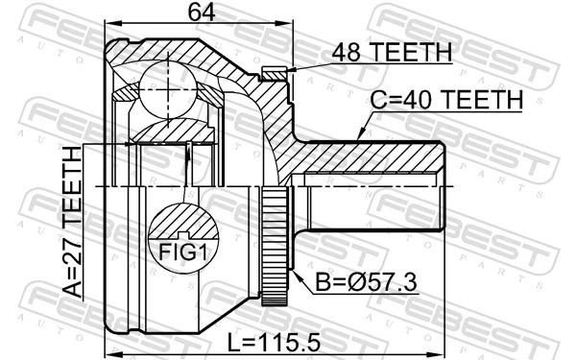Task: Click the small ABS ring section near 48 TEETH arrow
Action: pos(274,73)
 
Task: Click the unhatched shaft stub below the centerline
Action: pos(365,206)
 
